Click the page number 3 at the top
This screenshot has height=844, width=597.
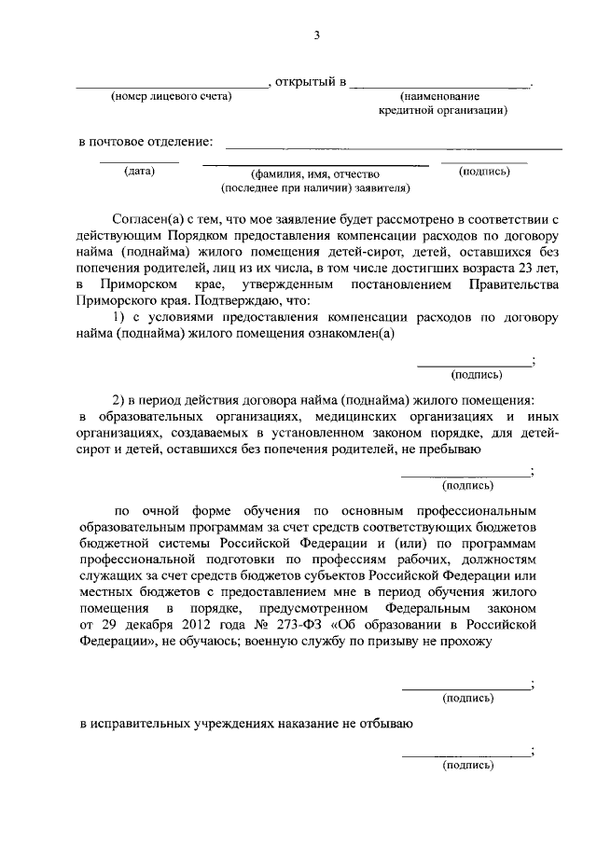[x=315, y=35]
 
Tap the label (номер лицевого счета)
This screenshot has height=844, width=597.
[x=171, y=97]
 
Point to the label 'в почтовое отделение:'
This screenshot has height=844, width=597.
[x=145, y=142]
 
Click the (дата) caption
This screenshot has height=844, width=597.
[x=139, y=171]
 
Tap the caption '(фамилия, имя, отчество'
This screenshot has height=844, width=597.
[x=313, y=173]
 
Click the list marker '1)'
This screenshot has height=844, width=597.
[x=119, y=317]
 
